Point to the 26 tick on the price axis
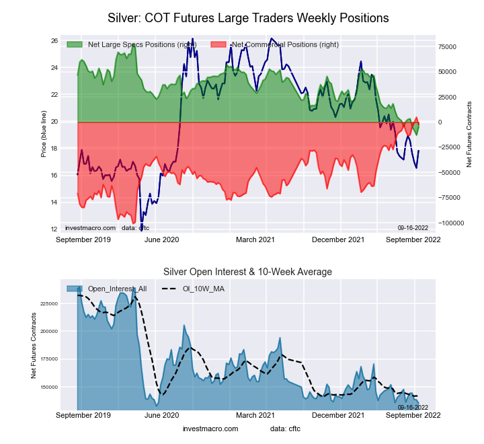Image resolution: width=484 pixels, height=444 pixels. pyautogui.click(x=54, y=41)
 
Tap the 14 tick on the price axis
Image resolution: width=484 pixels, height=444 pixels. pyautogui.click(x=54, y=202)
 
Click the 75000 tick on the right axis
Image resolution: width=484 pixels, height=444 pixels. pyautogui.click(x=448, y=47)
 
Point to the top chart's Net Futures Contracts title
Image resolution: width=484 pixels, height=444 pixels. pyautogui.click(x=469, y=134)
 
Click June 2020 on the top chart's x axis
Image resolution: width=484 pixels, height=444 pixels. pyautogui.click(x=162, y=239)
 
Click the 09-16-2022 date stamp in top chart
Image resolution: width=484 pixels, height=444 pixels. pyautogui.click(x=413, y=228)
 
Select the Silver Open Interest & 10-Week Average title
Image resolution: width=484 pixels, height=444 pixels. pyautogui.click(x=247, y=272)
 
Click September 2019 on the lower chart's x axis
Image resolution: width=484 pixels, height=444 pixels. pyautogui.click(x=83, y=416)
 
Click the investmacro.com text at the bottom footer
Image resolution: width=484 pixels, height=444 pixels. pyautogui.click(x=210, y=429)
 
